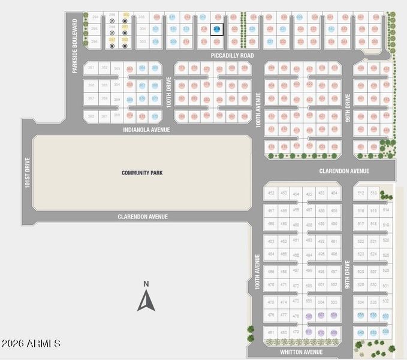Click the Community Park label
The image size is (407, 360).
pyautogui.click(x=142, y=173)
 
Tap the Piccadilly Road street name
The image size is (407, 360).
pyautogui.click(x=232, y=55)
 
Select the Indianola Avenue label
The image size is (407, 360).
pyautogui.click(x=146, y=130)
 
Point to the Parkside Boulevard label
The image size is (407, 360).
pyautogui.click(x=76, y=46)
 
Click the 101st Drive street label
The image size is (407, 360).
pyautogui.click(x=27, y=173)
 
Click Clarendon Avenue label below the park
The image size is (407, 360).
pyautogui.click(x=143, y=217)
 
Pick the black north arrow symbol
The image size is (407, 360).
pyautogui.click(x=146, y=301)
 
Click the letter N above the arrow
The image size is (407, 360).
pyautogui.click(x=146, y=284)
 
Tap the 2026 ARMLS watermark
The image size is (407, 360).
pyautogui.click(x=31, y=344)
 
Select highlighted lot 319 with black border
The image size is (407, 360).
pyautogui.click(x=216, y=29)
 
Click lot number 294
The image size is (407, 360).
pyautogui.click(x=95, y=17)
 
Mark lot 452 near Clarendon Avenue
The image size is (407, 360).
pyautogui.click(x=271, y=193)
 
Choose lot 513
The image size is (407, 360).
pyautogui.click(x=373, y=193)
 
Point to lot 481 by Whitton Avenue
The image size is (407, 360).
pyautogui.click(x=271, y=332)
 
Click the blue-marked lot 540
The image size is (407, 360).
pyautogui.click(x=360, y=332)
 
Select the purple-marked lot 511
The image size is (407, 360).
pyautogui.click(x=309, y=332)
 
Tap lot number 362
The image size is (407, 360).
pyautogui.click(x=91, y=116)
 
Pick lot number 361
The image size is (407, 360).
pyautogui.click(x=104, y=116)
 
